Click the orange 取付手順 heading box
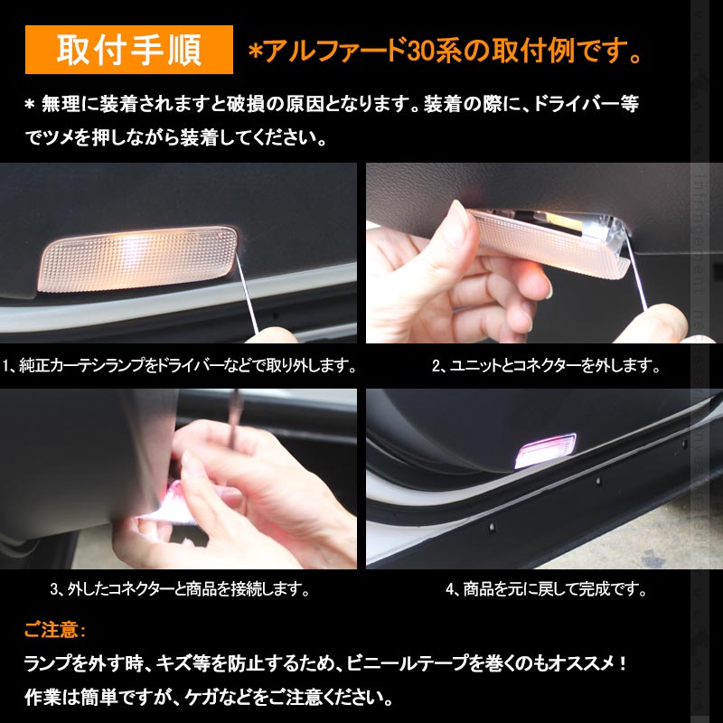pos(129,50)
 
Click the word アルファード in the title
pos(335,51)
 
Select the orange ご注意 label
pos(54,629)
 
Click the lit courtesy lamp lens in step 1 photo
pos(137,259)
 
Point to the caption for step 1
pos(179,366)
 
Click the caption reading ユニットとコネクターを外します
pos(546,366)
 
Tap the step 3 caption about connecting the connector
pos(180,589)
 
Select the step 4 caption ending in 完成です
pos(546,589)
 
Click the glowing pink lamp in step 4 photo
pos(545,450)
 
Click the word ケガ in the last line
pos(202,698)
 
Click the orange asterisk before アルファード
pos(255,52)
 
